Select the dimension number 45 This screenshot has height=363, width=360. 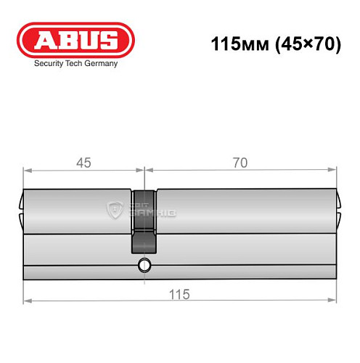[83, 163]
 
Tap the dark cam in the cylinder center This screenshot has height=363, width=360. [144, 221]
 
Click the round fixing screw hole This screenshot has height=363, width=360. [144, 266]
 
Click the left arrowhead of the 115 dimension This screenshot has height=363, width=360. [27, 300]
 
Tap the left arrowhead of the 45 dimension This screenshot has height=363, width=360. [27, 170]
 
